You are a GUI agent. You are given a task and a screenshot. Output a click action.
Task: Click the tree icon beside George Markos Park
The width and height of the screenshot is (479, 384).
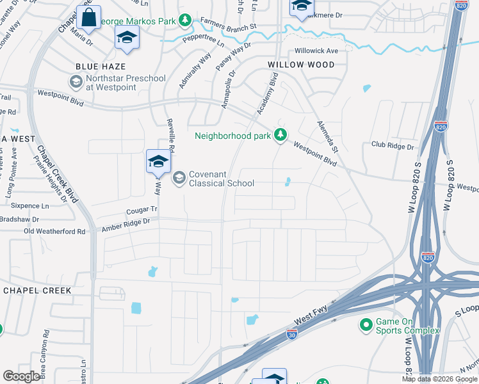185,21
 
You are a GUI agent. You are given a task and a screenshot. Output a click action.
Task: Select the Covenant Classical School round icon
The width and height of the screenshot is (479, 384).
179,178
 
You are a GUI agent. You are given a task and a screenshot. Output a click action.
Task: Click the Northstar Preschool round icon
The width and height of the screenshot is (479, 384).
76,82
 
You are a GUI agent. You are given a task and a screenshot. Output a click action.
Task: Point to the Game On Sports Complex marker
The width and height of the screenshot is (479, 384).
366,325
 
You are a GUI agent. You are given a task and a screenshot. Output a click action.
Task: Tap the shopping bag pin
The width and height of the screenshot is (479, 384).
89,19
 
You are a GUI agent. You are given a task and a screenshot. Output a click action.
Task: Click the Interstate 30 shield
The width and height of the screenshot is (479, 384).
291,334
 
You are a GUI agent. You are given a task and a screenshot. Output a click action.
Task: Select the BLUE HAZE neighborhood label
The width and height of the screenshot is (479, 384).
100,67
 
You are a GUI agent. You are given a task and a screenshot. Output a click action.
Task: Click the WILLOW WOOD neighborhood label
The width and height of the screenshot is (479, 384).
301,65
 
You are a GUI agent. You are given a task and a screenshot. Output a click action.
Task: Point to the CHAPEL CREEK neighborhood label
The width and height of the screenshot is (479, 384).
37,290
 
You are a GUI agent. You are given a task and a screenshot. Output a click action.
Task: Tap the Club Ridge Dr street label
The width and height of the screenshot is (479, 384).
393,145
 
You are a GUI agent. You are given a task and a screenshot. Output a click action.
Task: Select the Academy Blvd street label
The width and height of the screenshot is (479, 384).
268,94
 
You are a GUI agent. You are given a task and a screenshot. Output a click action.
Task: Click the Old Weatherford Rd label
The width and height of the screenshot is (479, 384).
54,231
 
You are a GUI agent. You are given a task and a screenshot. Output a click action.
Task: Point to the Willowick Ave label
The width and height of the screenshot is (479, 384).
316,51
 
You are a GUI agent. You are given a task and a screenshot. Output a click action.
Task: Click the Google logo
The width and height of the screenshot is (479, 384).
21,376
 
